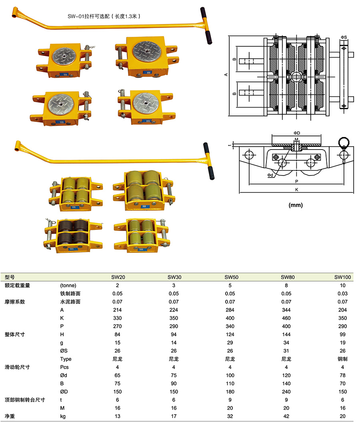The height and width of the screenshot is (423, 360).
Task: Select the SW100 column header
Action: point(342,277)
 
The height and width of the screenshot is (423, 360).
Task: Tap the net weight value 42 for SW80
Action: point(287,416)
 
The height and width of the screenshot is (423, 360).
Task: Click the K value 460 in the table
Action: point(287,318)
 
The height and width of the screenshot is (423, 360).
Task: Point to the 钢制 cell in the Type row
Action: point(342,359)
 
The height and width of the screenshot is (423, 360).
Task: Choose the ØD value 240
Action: point(287,392)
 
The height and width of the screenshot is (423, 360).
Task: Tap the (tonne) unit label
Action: point(68,285)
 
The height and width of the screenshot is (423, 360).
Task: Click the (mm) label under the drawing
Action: point(296,205)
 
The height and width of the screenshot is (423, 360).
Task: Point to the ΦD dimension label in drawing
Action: point(296,133)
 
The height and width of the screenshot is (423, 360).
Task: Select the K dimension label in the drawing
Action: point(296,190)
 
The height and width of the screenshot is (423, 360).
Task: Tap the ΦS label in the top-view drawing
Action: point(344,37)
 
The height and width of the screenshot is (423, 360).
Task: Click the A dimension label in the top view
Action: point(226,75)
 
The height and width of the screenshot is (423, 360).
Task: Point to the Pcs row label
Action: point(64,367)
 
